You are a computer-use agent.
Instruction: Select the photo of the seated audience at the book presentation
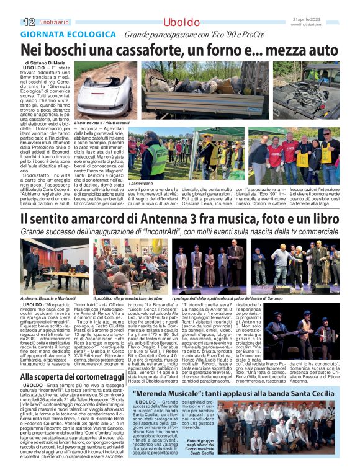point(127,267)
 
